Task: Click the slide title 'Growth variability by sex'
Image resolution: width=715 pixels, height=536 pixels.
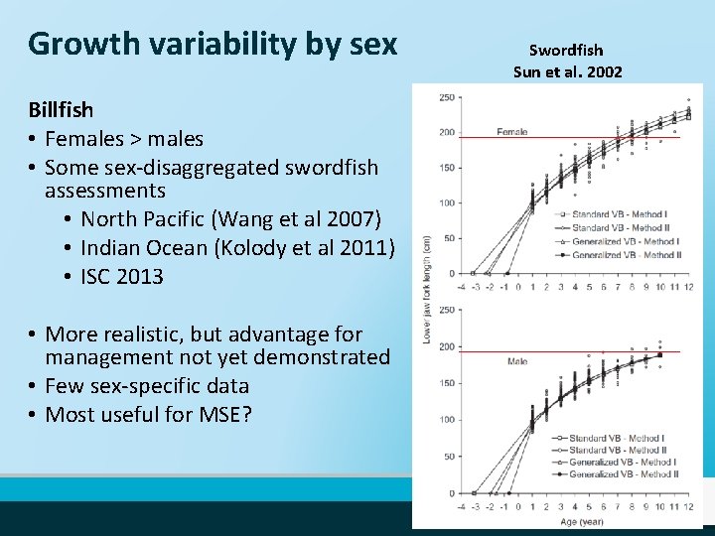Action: click(213, 45)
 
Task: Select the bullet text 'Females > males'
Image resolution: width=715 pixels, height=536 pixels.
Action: click(124, 138)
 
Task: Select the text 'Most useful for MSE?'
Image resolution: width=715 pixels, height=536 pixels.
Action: click(148, 414)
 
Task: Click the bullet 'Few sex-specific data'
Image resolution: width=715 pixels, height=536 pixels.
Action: click(147, 385)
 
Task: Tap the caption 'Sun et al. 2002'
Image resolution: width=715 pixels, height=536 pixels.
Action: click(567, 71)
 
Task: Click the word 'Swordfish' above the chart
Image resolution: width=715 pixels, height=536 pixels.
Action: click(566, 50)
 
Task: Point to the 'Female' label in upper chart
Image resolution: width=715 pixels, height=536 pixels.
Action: click(511, 131)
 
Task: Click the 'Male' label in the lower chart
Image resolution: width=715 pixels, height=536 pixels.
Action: click(517, 361)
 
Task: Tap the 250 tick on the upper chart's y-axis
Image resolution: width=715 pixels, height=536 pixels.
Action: click(447, 96)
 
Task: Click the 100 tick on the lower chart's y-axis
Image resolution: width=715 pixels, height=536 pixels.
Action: click(447, 420)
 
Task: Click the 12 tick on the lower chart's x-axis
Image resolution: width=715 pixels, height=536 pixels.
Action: click(688, 506)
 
